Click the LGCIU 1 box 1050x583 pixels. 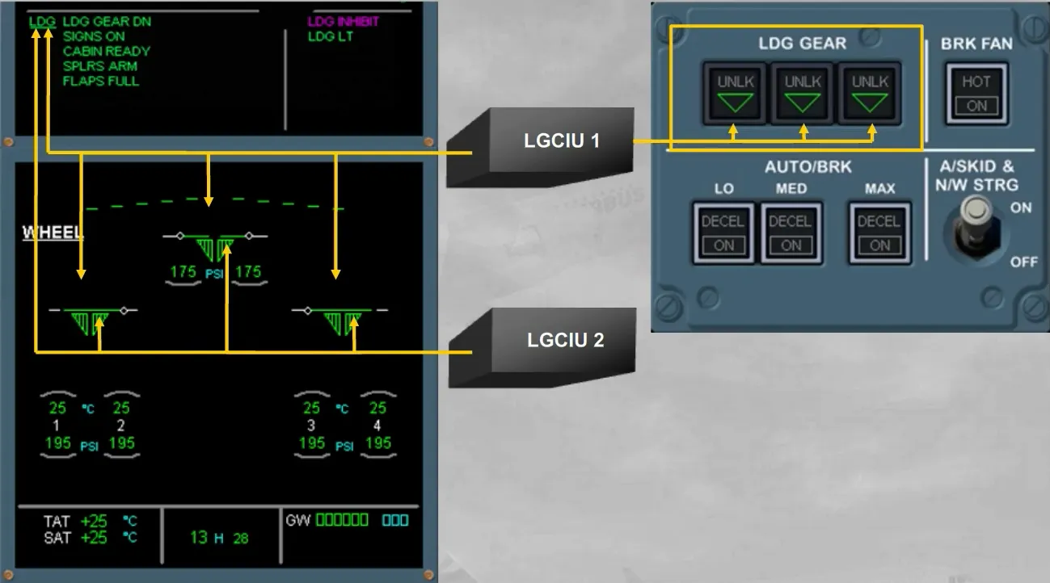(540, 148)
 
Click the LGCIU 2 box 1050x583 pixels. (542, 347)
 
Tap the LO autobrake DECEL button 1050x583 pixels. (723, 233)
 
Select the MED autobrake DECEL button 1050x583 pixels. (791, 233)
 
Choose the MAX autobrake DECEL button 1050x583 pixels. (879, 233)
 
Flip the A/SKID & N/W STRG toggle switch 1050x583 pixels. (976, 228)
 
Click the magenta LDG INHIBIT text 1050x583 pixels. (343, 22)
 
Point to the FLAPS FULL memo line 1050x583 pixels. (101, 81)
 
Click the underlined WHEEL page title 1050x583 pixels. (53, 233)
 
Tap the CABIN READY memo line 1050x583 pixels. (107, 51)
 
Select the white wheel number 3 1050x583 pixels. (310, 426)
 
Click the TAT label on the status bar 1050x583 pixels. (57, 521)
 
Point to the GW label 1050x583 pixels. (297, 520)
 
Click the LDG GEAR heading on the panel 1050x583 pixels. (803, 44)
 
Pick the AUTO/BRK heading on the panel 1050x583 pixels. (808, 166)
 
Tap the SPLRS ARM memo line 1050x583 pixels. (100, 66)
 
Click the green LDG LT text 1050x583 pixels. (331, 36)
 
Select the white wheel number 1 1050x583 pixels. (57, 426)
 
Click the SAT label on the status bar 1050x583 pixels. (57, 538)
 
